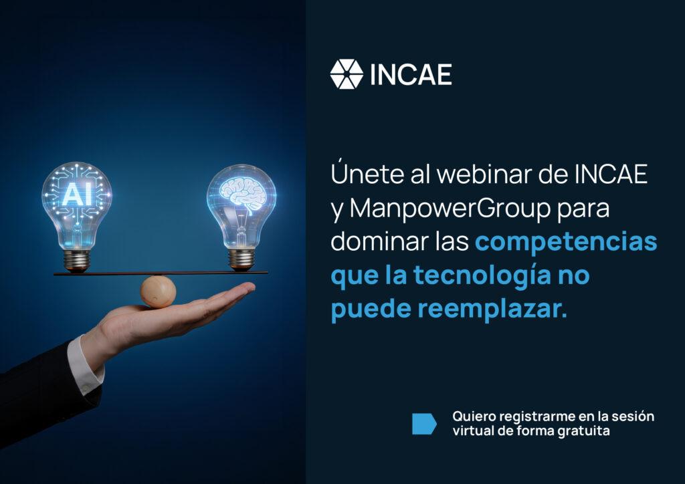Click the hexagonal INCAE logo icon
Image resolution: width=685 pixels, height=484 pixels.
[x=347, y=74]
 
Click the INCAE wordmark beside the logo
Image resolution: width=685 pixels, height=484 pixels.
[x=411, y=75]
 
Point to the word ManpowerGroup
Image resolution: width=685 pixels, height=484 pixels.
[x=450, y=209]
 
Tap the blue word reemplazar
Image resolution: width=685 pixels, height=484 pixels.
[x=492, y=309]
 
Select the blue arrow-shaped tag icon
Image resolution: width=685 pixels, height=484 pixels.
[x=424, y=424]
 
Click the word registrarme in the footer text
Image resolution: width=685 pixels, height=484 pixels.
[x=536, y=416]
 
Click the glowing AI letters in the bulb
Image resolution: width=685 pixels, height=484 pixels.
[x=78, y=194]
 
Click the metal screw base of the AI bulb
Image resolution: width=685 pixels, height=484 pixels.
[x=77, y=260]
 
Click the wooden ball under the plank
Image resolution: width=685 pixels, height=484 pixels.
[x=158, y=291]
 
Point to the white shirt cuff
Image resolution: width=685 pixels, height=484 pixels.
[x=85, y=366]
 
